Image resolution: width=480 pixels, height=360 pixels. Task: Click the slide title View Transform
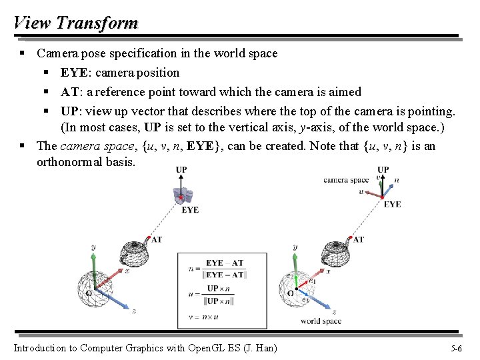[75, 23]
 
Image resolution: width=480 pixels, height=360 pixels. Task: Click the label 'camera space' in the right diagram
[345, 180]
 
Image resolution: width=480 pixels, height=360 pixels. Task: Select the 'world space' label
[321, 321]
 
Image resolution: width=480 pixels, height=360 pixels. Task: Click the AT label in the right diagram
[358, 239]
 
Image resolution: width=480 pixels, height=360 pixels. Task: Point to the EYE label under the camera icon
[190, 210]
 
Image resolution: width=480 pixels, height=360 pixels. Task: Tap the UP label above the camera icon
[181, 170]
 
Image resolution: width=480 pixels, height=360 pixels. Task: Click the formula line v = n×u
[204, 317]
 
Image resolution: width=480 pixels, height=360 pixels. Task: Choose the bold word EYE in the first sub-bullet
[74, 73]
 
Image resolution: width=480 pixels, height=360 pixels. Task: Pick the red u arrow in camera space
[371, 193]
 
